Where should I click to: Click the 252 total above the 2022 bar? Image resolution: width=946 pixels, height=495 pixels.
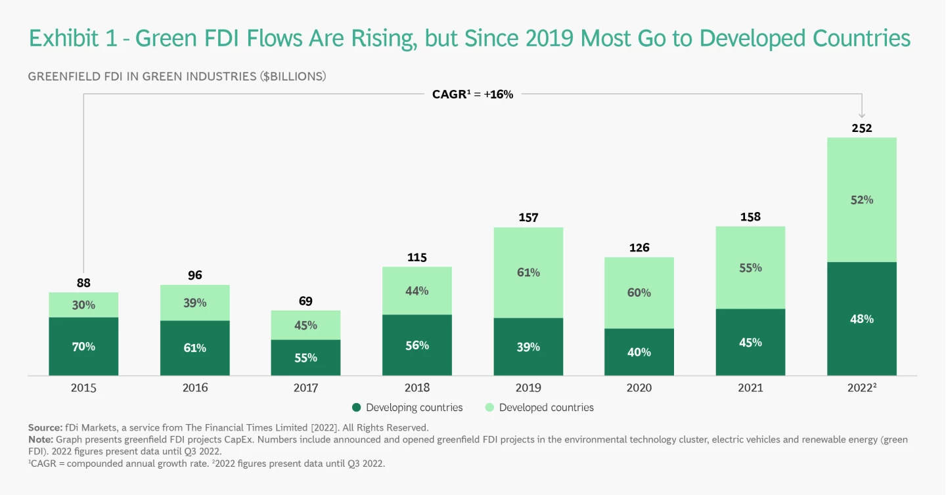tap(861, 128)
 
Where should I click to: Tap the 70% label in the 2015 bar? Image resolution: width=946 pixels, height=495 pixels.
tap(83, 347)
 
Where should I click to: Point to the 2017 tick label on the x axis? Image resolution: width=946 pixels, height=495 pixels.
tap(306, 388)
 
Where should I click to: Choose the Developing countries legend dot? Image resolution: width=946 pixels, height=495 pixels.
tap(357, 408)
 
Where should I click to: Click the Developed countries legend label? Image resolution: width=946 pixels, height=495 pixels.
tap(546, 408)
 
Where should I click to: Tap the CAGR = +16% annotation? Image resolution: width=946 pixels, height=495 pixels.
tap(472, 95)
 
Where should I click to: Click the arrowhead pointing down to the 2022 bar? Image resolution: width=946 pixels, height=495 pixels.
tap(862, 115)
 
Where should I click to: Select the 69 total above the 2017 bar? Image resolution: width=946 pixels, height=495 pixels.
tap(306, 301)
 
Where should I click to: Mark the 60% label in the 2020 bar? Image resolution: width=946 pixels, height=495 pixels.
tap(639, 292)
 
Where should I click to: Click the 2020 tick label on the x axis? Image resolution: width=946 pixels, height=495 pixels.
tap(639, 388)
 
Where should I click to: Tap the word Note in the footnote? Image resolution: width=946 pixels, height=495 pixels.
tap(40, 440)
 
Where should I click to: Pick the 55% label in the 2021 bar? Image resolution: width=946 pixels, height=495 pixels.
tap(750, 268)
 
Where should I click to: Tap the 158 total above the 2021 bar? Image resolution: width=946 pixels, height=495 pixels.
tap(750, 217)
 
